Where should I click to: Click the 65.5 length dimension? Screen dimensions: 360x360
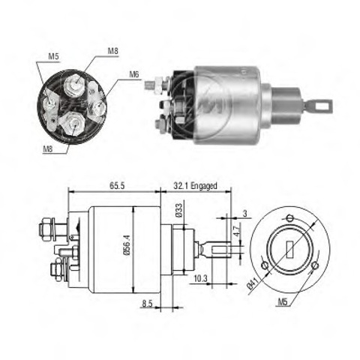click(117, 186)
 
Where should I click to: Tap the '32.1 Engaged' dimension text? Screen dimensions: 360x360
click(195, 186)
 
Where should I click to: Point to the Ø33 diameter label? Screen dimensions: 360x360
click(179, 211)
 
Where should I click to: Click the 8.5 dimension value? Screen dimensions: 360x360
click(147, 304)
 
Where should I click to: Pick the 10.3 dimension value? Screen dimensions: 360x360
click(200, 279)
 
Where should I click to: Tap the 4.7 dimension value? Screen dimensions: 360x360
click(237, 230)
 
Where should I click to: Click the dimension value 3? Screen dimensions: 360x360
click(245, 214)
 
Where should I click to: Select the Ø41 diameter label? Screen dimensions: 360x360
click(253, 284)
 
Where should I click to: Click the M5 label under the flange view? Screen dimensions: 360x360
click(283, 302)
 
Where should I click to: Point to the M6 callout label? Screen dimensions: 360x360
click(134, 74)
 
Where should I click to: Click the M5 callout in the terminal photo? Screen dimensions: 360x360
click(53, 56)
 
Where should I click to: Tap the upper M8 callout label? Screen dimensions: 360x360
click(113, 51)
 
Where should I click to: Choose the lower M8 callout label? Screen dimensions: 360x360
click(48, 149)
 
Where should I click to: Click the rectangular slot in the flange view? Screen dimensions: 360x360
click(289, 250)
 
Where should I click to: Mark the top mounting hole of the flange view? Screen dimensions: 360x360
click(289, 218)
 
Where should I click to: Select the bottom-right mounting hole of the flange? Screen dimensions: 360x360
click(315, 265)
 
